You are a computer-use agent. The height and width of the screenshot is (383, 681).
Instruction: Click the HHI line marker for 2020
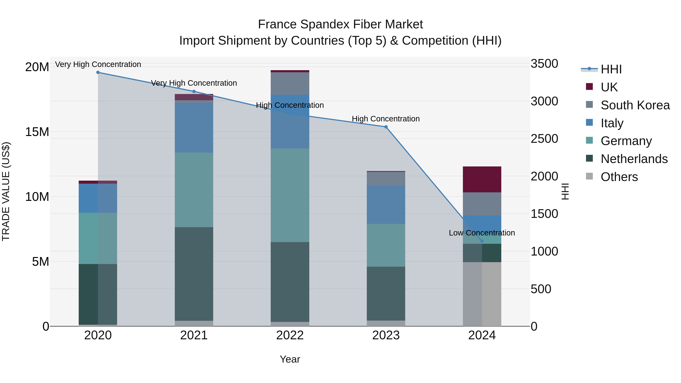pyautogui.click(x=98, y=72)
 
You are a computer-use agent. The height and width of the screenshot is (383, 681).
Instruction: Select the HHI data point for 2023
pyautogui.click(x=386, y=127)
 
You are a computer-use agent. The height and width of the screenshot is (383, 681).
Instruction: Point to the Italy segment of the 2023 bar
pyautogui.click(x=386, y=205)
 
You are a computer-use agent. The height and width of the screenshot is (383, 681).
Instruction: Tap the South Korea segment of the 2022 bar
pyautogui.click(x=290, y=84)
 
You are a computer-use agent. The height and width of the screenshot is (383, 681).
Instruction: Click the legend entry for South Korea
pyautogui.click(x=635, y=105)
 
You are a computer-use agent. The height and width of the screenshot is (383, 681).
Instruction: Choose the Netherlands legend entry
pyautogui.click(x=634, y=159)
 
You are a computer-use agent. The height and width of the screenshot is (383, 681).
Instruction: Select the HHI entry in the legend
pyautogui.click(x=611, y=70)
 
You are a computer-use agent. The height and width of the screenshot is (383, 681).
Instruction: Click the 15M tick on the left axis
pyautogui.click(x=37, y=132)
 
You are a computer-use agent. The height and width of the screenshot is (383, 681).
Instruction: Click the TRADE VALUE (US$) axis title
pyautogui.click(x=6, y=191)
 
